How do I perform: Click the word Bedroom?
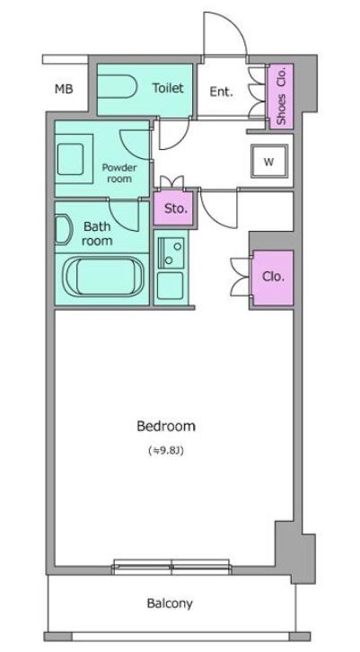coord(166,427)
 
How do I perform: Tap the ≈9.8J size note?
coord(166,450)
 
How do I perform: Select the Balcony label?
coord(170,604)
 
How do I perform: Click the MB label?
coord(64,89)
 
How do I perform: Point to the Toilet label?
coord(168,88)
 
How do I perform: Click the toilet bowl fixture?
coord(118,86)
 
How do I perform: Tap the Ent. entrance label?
coord(221,92)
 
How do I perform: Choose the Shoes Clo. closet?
coord(280,95)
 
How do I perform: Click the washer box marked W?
coord(269,162)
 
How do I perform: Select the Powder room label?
coord(119,173)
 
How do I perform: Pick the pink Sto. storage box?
coord(174,208)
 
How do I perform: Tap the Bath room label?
coord(97,233)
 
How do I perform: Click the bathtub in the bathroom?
coord(103,277)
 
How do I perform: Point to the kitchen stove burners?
coord(171,253)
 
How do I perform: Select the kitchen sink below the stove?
coord(170,286)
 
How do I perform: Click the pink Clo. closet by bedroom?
coord(273,278)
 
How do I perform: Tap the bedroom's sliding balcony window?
coord(171,567)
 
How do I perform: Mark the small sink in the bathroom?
coord(62,230)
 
